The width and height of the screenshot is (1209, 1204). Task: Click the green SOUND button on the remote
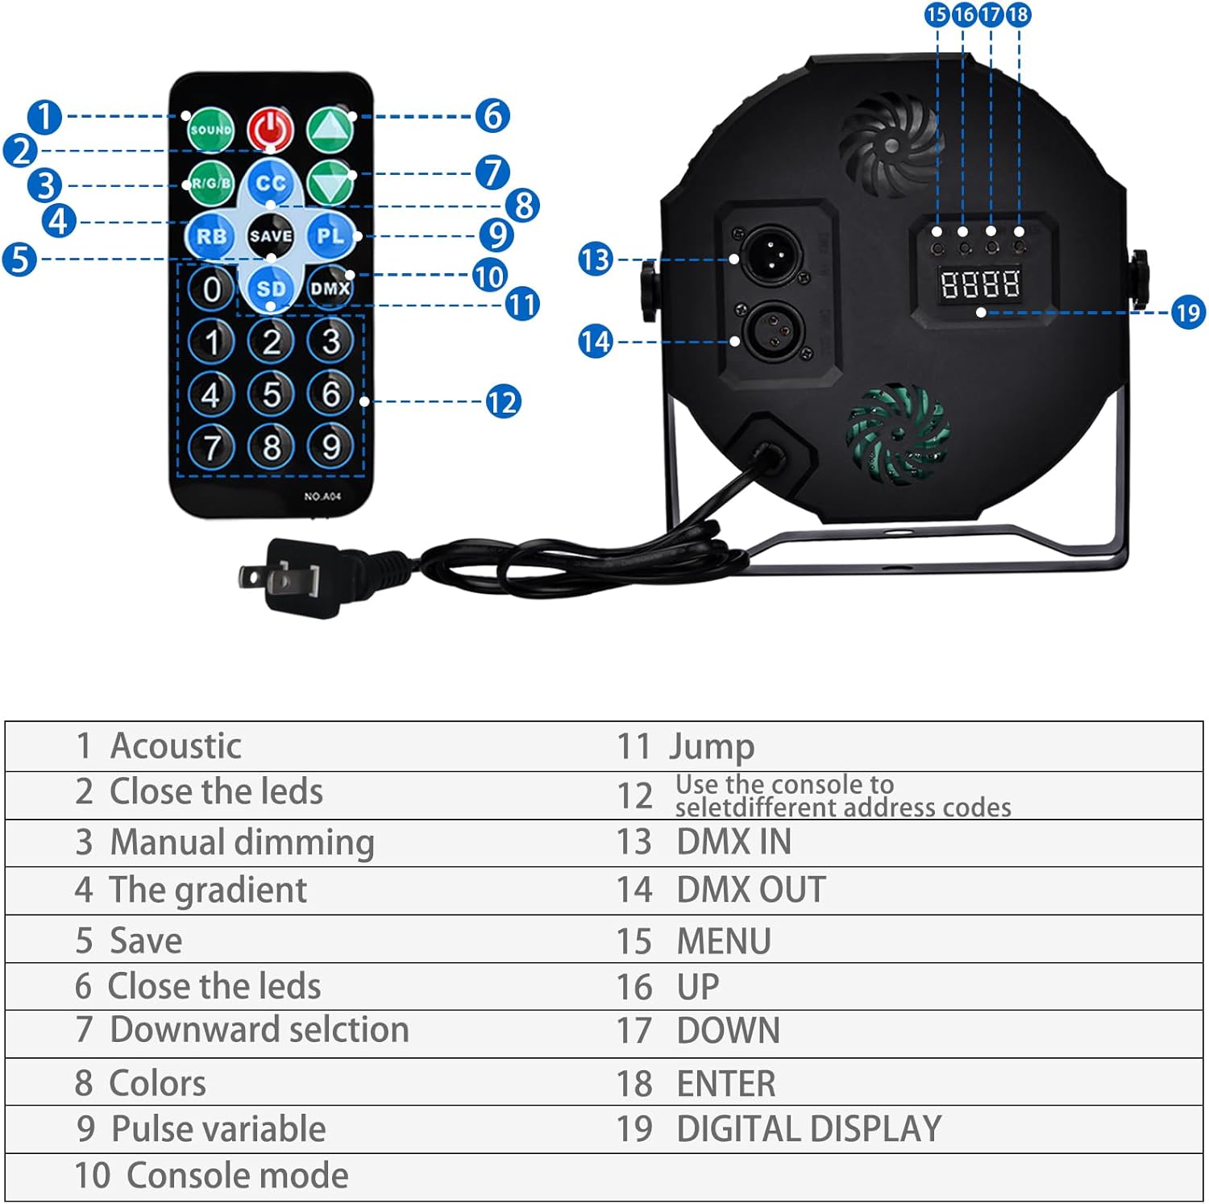click(x=210, y=130)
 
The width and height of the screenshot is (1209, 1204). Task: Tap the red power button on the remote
click(x=271, y=129)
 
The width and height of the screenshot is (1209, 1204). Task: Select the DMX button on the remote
click(x=330, y=288)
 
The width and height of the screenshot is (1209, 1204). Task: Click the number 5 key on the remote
click(x=272, y=394)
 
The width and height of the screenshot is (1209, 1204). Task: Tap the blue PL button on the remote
click(x=330, y=236)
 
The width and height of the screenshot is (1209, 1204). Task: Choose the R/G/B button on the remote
click(x=210, y=184)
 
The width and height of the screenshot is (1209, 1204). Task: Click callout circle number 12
click(x=502, y=401)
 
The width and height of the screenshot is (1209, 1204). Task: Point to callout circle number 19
click(x=1188, y=312)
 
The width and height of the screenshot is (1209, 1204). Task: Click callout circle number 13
click(x=596, y=259)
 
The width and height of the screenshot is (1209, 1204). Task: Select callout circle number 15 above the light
click(x=937, y=15)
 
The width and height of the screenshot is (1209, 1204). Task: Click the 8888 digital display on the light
click(x=980, y=284)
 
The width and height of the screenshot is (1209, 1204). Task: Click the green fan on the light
click(x=896, y=433)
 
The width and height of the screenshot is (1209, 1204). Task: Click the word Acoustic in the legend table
click(x=176, y=745)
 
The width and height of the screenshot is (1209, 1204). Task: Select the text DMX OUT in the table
click(x=750, y=890)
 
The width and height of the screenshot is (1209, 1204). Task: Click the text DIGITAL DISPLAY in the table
click(x=808, y=1129)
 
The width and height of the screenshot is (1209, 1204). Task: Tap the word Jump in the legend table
click(x=712, y=747)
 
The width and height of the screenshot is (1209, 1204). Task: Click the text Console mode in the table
click(x=238, y=1176)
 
